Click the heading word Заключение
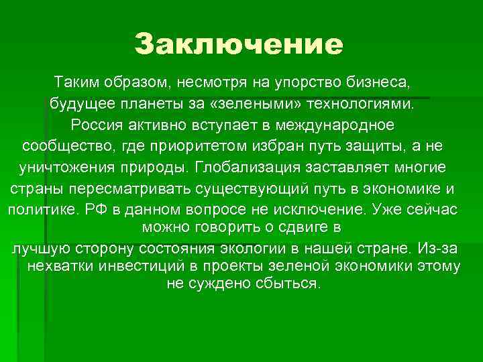(x=238, y=44)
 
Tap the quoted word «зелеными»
(x=263, y=104)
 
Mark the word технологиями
(x=370, y=104)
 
